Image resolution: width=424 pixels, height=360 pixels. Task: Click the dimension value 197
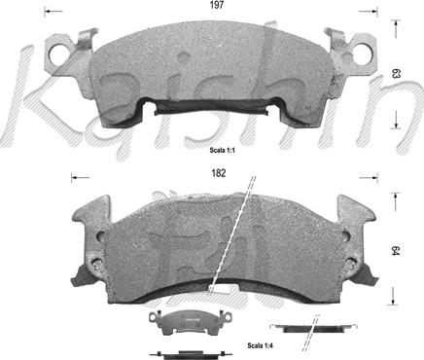coord(217,5)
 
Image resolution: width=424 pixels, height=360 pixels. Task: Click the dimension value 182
coord(219,173)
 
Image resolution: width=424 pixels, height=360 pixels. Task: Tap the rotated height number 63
coord(396,74)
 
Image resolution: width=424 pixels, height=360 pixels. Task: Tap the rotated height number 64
coord(395,251)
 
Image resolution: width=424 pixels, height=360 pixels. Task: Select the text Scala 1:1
coord(222,150)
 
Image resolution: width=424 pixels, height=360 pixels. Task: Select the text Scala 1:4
coord(260,345)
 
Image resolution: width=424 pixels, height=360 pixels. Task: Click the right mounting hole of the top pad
coord(361,53)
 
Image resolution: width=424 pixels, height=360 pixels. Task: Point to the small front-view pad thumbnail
coord(191,322)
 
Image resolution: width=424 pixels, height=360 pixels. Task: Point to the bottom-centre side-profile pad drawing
coord(191,353)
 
